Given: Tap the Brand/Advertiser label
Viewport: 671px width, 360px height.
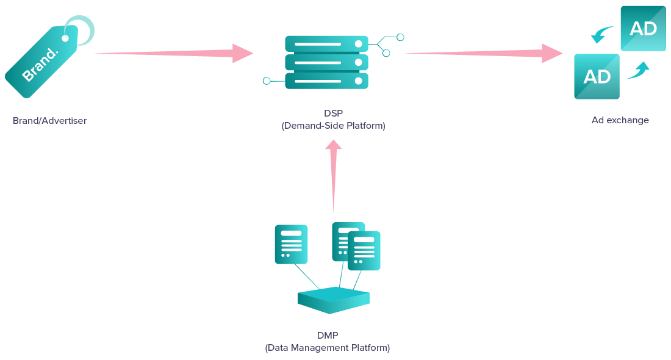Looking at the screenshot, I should (49, 121).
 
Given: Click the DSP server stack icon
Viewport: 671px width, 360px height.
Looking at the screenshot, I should (327, 62).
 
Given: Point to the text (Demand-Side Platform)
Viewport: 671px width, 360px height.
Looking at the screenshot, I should (333, 126).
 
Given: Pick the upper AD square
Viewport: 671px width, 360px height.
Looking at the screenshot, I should (643, 29).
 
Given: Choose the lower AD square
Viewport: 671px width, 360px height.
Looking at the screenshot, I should (597, 76).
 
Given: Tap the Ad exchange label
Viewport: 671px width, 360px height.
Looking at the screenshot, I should (620, 120).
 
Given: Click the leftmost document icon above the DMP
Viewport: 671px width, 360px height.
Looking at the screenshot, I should (291, 244).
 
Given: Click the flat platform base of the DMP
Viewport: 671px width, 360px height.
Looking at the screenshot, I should (333, 300).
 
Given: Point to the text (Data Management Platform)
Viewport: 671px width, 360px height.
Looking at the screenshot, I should (327, 348).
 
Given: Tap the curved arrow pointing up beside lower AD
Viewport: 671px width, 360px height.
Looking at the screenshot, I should (638, 70).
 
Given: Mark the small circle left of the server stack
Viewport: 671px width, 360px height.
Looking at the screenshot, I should (267, 81).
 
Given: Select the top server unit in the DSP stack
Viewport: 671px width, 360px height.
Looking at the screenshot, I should (327, 44).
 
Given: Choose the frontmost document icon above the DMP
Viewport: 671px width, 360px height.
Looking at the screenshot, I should (364, 250).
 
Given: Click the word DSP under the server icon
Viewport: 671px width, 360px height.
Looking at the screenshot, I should (333, 113).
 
